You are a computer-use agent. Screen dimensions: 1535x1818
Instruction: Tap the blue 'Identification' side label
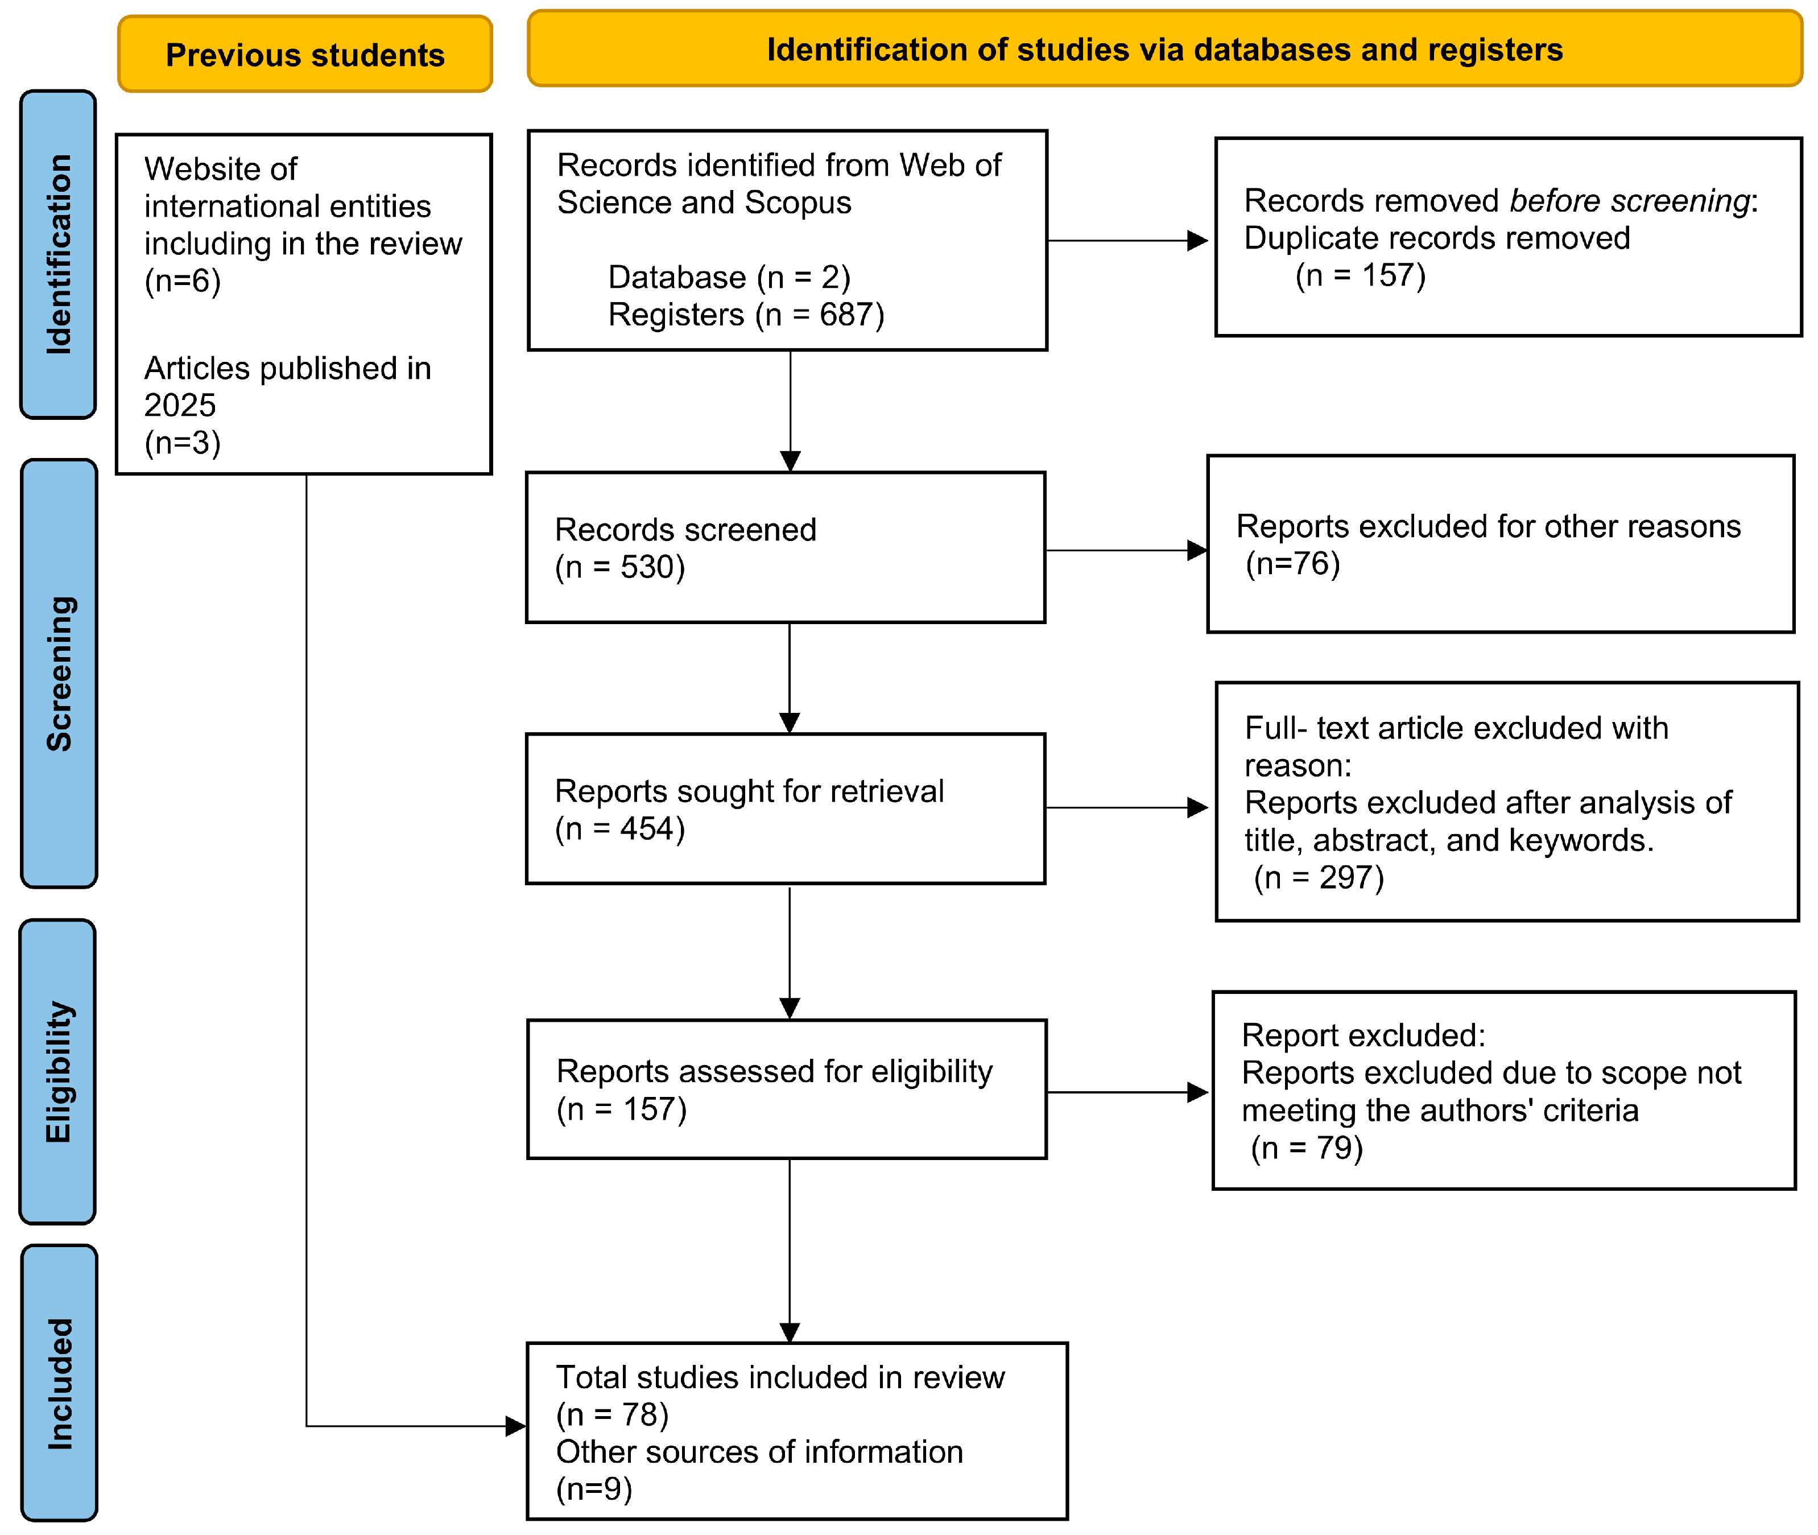tap(58, 254)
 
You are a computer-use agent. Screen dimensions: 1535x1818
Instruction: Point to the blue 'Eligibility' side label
tap(57, 1071)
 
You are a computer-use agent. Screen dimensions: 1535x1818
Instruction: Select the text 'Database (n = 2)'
tap(729, 277)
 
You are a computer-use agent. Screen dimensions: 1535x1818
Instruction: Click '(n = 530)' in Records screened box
tap(619, 567)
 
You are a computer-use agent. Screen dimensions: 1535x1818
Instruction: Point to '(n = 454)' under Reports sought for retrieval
tap(619, 828)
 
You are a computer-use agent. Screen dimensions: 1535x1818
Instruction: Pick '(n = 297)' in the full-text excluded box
tap(1318, 877)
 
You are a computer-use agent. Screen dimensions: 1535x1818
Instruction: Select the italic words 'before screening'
tap(1629, 201)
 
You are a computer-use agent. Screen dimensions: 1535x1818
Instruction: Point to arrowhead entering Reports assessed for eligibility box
tap(789, 1009)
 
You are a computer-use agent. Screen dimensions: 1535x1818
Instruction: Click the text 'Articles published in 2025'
tap(287, 386)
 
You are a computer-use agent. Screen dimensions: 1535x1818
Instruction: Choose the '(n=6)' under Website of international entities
tap(183, 281)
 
